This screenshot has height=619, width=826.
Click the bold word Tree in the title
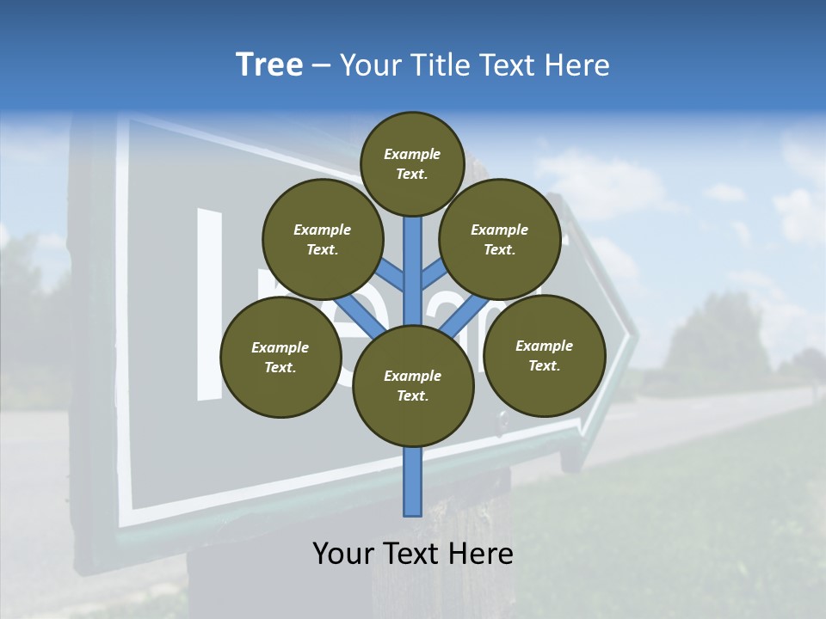point(269,65)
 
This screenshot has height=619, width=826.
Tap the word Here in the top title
point(577,65)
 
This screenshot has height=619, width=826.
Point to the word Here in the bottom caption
point(481,553)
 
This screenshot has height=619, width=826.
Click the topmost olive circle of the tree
point(412,163)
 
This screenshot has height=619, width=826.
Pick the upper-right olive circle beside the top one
point(500,240)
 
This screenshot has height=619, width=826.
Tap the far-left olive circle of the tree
point(280,358)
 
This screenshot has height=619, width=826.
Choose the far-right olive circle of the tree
point(545,356)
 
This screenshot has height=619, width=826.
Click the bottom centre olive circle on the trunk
point(413,386)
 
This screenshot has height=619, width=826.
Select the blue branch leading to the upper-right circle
point(434,275)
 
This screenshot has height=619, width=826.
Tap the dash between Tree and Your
point(321,66)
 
